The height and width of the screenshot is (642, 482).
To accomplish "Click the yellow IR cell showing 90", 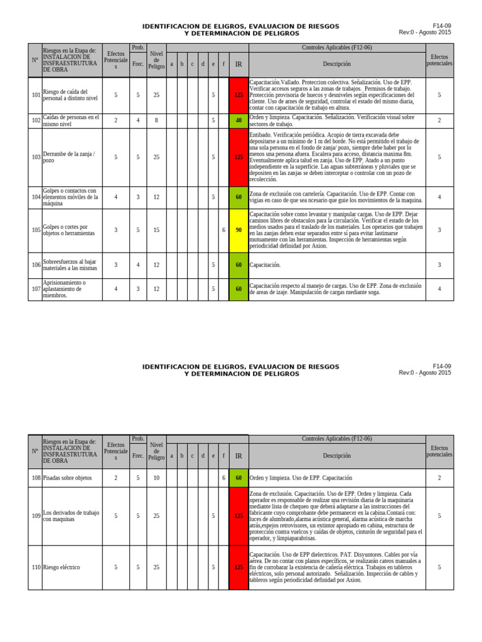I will pyautogui.click(x=238, y=230).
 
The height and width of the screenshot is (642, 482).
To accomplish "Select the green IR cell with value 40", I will pyautogui.click(x=238, y=120).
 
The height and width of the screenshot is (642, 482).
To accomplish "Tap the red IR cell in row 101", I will pyautogui.click(x=238, y=95).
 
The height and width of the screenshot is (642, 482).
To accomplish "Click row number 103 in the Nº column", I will pyautogui.click(x=36, y=157).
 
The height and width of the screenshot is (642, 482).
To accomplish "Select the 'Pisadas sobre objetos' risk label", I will pyautogui.click(x=67, y=478).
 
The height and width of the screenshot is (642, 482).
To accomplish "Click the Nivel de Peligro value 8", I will pyautogui.click(x=156, y=120).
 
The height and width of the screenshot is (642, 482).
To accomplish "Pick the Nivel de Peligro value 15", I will pyautogui.click(x=156, y=230).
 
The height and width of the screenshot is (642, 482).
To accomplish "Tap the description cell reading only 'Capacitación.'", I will pyautogui.click(x=265, y=265).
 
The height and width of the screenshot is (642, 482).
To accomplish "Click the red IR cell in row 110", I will pyautogui.click(x=238, y=567).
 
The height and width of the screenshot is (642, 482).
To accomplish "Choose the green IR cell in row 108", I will pyautogui.click(x=238, y=478).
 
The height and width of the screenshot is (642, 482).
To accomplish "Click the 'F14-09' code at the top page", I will pyautogui.click(x=442, y=26).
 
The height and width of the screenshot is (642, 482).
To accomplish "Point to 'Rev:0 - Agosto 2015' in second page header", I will pyautogui.click(x=424, y=372).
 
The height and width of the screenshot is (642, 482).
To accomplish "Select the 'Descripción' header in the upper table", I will pyautogui.click(x=337, y=64).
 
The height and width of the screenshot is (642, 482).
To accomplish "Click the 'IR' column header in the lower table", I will pyautogui.click(x=238, y=456).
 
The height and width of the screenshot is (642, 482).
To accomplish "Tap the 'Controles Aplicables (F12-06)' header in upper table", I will pyautogui.click(x=337, y=48).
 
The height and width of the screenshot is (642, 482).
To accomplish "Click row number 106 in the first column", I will pyautogui.click(x=36, y=265).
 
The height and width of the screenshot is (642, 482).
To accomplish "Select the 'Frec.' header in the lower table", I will pyautogui.click(x=138, y=456).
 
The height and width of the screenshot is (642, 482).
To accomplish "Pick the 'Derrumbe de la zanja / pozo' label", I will pyautogui.click(x=70, y=157).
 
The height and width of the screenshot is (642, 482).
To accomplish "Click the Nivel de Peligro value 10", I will pyautogui.click(x=156, y=478).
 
